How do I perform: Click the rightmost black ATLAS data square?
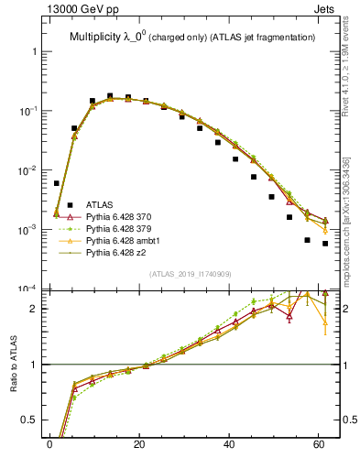pos(325,244)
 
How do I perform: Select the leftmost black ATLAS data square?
pos(56,183)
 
